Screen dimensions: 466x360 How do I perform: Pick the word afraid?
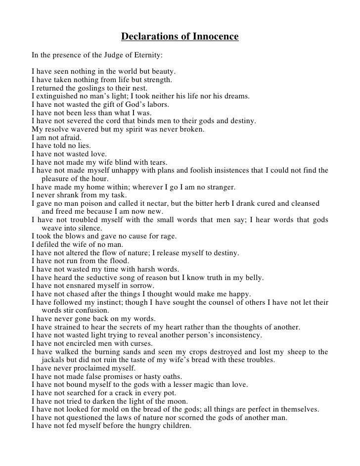pos(71,138)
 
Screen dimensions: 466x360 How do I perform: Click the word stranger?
pos(220,187)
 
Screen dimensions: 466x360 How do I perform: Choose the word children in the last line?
pos(175,426)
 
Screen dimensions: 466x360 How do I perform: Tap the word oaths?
pos(170,376)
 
